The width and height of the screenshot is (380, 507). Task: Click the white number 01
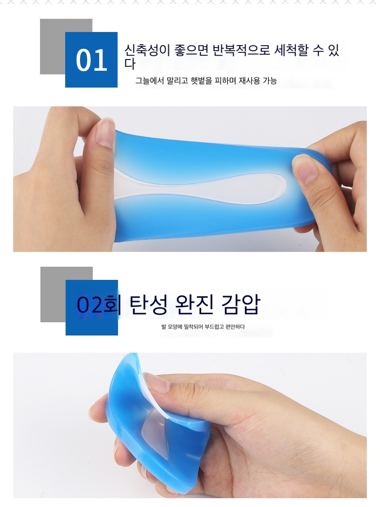click(x=92, y=60)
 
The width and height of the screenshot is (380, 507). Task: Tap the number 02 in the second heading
click(x=90, y=305)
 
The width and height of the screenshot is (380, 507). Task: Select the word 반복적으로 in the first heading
click(x=241, y=50)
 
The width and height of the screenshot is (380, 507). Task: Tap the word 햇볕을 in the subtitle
click(x=201, y=81)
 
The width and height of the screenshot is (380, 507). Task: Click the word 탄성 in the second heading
click(x=148, y=304)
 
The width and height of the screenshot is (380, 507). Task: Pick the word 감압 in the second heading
click(x=241, y=304)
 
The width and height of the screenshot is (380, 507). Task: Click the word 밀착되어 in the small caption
click(x=193, y=327)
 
